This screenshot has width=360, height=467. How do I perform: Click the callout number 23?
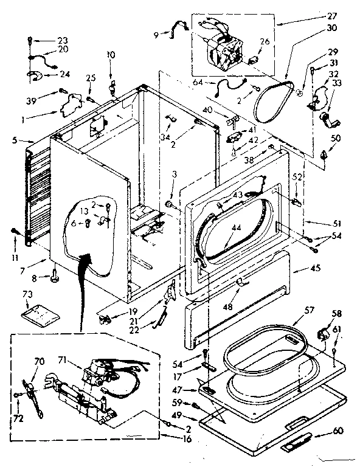[x=63, y=41]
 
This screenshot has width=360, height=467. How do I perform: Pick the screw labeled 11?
[x=14, y=230]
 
